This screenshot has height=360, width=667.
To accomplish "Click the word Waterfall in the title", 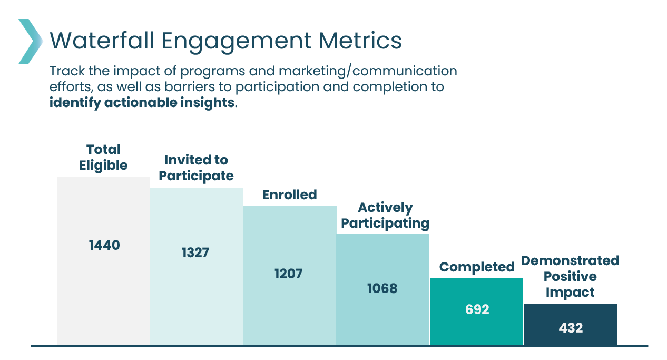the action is pos(102,41).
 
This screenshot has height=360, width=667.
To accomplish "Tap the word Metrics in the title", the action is pos(360,41).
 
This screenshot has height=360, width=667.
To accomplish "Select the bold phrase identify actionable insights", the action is pos(142,103).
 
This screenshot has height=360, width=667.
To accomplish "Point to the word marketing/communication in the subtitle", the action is pos(368,71).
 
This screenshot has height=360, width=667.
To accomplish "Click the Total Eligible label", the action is pos(103,158).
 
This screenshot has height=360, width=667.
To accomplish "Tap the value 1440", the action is pos(104,245).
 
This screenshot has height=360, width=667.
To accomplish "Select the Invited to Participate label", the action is pos(196,168).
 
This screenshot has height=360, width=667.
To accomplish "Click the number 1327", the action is pos(195,252).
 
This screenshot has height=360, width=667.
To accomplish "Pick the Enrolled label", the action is pos(289,195).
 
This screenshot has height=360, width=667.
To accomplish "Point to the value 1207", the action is pos(288,274).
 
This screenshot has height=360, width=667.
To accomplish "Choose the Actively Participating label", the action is pos(385,216).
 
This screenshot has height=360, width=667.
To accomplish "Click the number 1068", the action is pos(382,288).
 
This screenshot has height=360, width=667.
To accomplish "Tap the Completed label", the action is pos(477,267).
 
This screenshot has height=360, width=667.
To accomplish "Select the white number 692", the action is pos(477,309).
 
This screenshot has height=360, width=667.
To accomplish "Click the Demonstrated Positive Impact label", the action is pos(570,277).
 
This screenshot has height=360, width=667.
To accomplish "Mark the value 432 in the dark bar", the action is pos(571,328).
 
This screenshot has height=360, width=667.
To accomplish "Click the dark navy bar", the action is pos(570,325).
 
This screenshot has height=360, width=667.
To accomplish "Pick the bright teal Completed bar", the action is pos(476,312).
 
